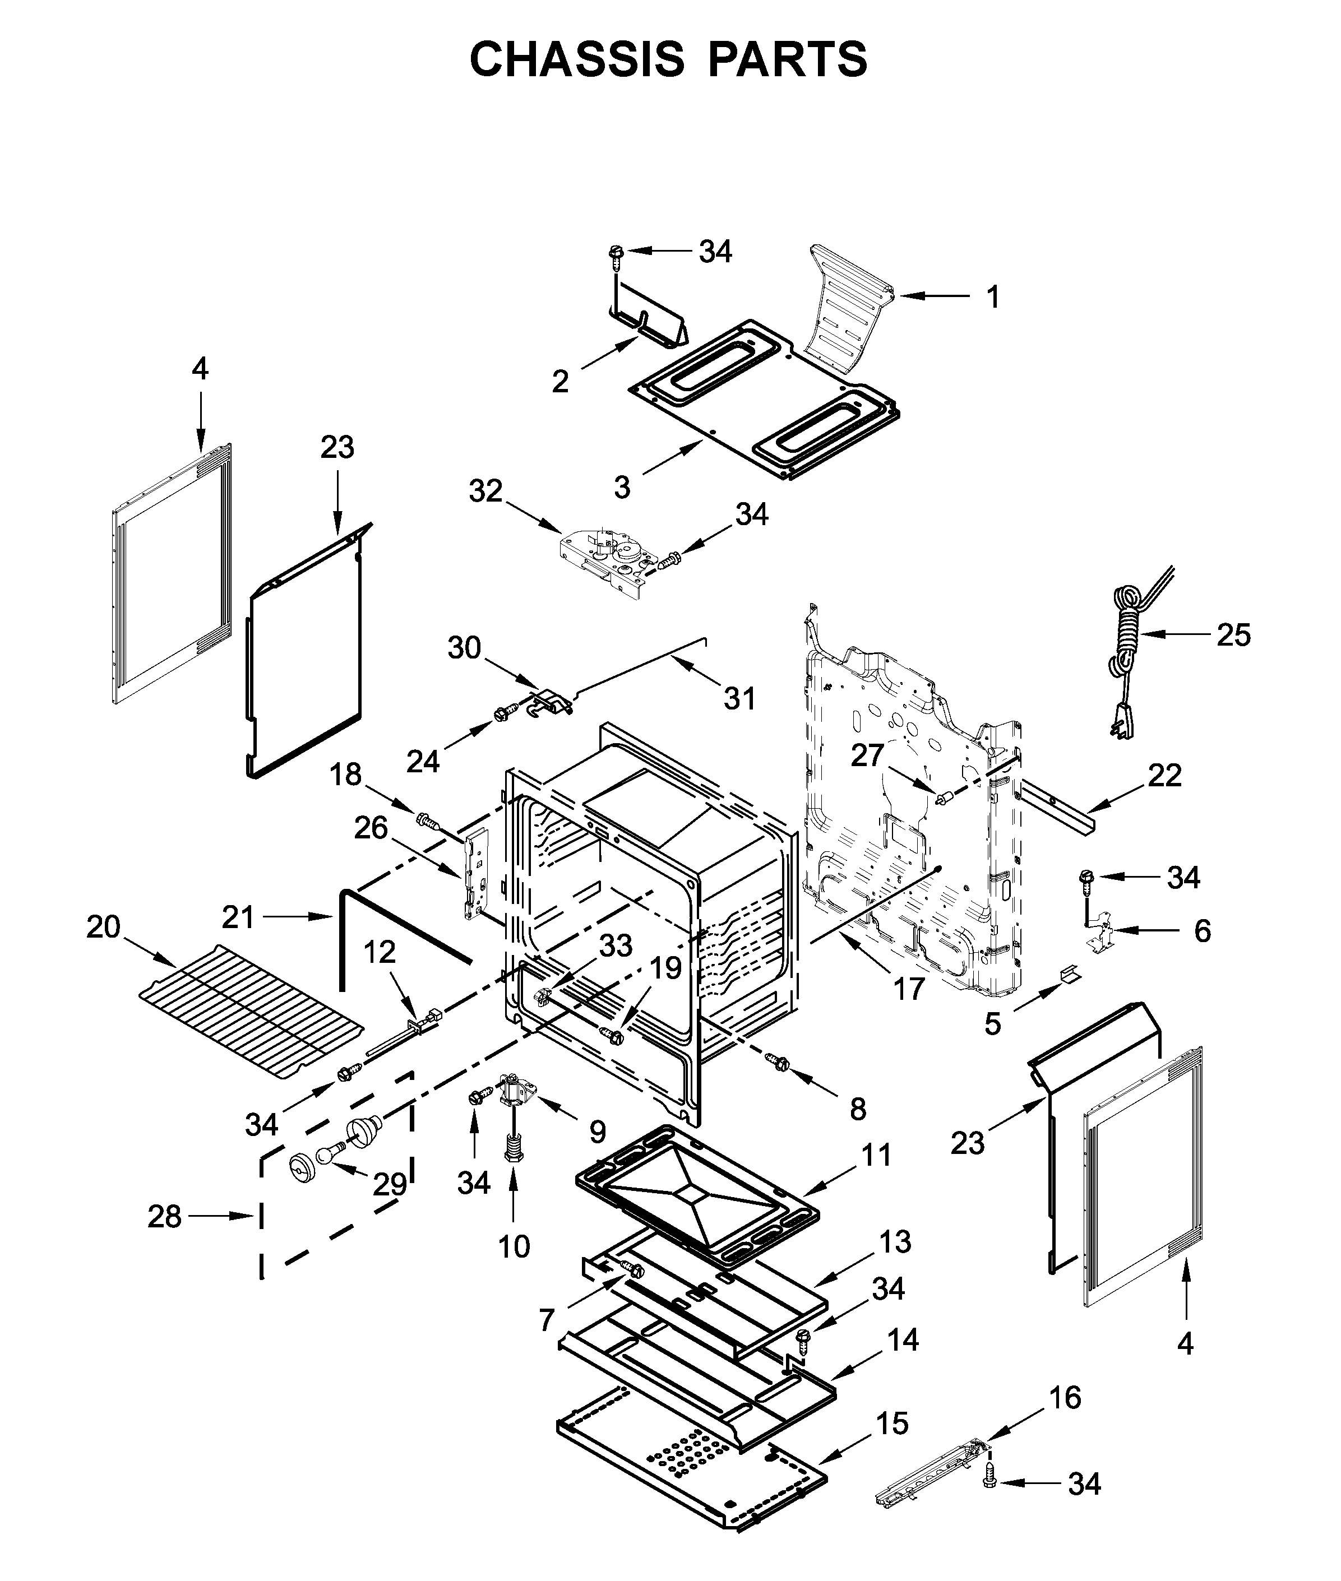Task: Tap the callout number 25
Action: [x=1233, y=634]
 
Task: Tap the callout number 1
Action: [x=993, y=297]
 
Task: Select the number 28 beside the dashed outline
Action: [x=164, y=1217]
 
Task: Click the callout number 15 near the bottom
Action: [x=893, y=1424]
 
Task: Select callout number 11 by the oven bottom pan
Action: [x=876, y=1156]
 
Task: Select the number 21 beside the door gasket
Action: [x=238, y=917]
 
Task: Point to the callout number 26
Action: [x=371, y=828]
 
